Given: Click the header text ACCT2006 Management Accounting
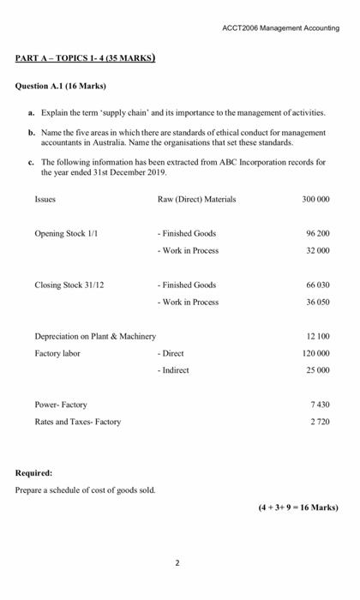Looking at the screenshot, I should pyautogui.click(x=280, y=27).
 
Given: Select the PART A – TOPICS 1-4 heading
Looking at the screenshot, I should pyautogui.click(x=85, y=58).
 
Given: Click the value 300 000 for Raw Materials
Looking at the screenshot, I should pyautogui.click(x=315, y=199).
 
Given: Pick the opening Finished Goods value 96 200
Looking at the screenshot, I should pyautogui.click(x=318, y=233).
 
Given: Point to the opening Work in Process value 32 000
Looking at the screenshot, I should pyautogui.click(x=318, y=250).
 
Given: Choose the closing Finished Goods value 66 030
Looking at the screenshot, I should pyautogui.click(x=318, y=285).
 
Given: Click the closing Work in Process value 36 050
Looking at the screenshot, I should pyautogui.click(x=318, y=302).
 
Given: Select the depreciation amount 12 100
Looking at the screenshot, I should pyautogui.click(x=318, y=336).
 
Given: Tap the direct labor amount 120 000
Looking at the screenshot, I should pyautogui.click(x=315, y=353).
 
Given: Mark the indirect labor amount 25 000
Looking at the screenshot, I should pyautogui.click(x=318, y=370).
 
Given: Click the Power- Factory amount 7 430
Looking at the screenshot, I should pyautogui.click(x=320, y=405).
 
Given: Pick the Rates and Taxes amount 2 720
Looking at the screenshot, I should pyautogui.click(x=320, y=422).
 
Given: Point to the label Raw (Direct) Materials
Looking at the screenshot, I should pyautogui.click(x=196, y=199).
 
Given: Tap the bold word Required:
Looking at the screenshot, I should pyautogui.click(x=33, y=472).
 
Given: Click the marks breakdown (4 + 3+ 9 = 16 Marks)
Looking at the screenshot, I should pyautogui.click(x=297, y=507).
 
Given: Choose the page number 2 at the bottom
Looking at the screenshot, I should pyautogui.click(x=177, y=563).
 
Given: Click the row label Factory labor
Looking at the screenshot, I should pyautogui.click(x=57, y=353).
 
